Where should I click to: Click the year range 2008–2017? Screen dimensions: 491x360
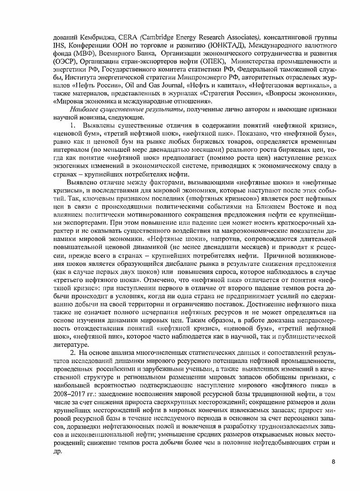69,393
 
